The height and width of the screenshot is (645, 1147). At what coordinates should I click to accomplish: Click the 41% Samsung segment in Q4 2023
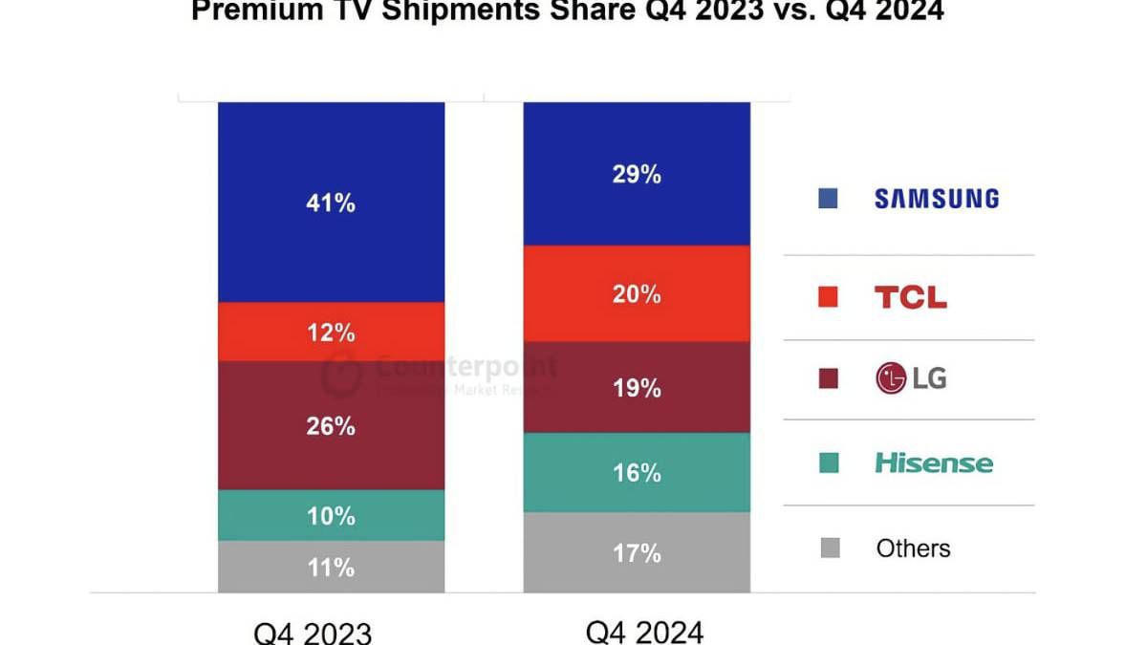[331, 203]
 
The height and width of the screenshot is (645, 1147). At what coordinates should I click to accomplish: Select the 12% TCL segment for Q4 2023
[331, 332]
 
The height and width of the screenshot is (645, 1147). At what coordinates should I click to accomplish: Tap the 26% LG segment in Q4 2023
[331, 425]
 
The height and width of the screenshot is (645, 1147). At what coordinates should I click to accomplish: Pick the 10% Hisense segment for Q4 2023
[331, 515]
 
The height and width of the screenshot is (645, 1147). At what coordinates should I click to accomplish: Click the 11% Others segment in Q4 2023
[331, 567]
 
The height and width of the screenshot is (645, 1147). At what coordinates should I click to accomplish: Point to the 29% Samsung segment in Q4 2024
[637, 174]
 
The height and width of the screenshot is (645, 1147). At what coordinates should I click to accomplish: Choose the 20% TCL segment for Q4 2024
[637, 293]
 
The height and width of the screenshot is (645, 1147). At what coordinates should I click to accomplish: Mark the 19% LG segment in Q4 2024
[637, 387]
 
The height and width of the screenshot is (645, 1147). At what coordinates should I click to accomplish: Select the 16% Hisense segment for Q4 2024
[637, 472]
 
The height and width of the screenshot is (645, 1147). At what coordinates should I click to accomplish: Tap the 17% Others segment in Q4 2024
[637, 552]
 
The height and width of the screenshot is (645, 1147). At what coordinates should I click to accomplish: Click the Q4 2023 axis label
[313, 632]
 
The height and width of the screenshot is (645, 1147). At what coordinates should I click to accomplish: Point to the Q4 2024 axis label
[644, 631]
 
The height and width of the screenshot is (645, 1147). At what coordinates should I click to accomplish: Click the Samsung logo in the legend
[937, 199]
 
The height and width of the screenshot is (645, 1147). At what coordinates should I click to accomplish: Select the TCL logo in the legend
[911, 297]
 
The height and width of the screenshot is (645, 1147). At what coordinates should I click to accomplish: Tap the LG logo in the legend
[911, 378]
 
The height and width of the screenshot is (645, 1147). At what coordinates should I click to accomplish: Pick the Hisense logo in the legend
[934, 463]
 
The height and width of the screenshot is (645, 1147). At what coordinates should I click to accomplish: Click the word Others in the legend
[913, 548]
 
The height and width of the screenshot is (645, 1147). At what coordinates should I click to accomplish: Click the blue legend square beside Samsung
[829, 199]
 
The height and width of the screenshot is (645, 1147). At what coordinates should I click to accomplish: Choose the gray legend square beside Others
[829, 548]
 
